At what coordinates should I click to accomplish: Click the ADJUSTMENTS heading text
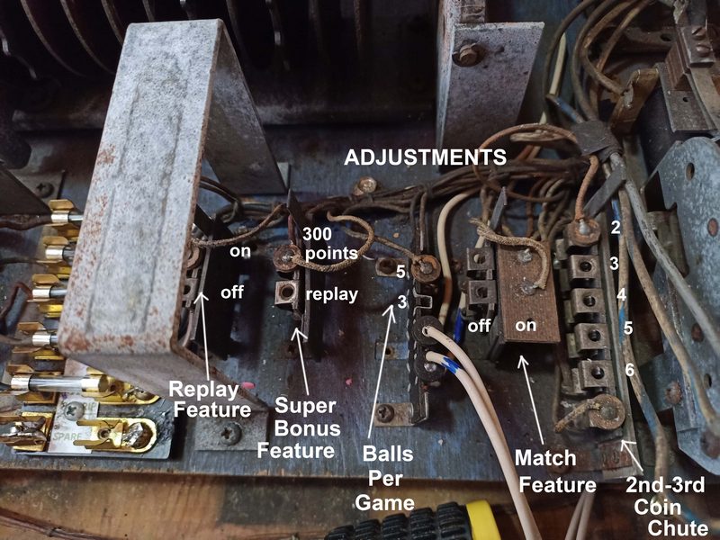pos(425,157)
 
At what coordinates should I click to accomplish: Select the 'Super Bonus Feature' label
pos(299,428)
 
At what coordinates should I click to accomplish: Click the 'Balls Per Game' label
pos(385,478)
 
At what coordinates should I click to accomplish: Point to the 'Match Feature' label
pos(555,471)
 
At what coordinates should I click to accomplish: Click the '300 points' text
pos(329,243)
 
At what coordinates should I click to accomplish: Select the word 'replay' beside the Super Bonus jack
pos(331,295)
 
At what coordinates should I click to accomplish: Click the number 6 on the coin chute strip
pos(629,370)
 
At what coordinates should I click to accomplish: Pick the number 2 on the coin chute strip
pos(616,228)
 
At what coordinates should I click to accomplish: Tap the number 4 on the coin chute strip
pos(621,294)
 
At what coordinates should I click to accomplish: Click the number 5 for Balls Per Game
pos(400,272)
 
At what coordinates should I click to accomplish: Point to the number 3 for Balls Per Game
pos(401,302)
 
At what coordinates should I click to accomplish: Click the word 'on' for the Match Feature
pos(526,325)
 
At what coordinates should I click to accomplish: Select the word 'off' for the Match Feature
pos(479,326)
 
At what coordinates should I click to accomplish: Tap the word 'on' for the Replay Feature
pos(240,251)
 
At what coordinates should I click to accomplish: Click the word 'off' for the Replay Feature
pos(232,292)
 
